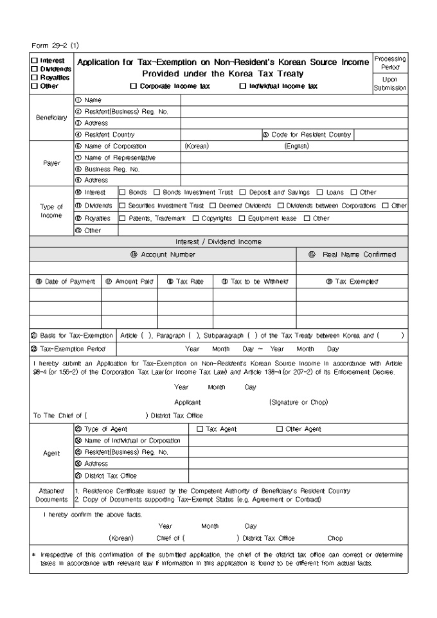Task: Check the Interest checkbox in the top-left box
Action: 33,60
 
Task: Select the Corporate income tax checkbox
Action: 134,85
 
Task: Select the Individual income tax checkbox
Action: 243,85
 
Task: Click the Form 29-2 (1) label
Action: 55,45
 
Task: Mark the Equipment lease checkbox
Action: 242,218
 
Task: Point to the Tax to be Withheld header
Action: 255,281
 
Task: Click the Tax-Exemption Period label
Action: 71,349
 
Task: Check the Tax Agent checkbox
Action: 200,429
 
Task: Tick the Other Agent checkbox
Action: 280,429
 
